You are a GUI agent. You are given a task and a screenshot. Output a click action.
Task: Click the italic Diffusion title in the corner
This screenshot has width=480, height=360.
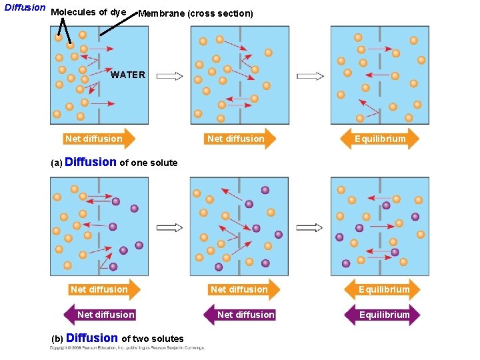click(x=25, y=8)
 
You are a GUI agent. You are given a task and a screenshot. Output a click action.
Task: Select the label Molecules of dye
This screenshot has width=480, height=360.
click(x=88, y=13)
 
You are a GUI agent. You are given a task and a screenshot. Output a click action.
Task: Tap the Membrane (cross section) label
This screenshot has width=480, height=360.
click(x=195, y=13)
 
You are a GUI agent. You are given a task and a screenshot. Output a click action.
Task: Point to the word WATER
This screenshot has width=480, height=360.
click(x=128, y=75)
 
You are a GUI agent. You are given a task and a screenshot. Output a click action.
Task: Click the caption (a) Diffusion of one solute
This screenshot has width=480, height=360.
click(x=114, y=163)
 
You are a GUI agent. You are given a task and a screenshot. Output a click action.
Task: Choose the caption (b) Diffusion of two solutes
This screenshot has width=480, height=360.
click(x=117, y=339)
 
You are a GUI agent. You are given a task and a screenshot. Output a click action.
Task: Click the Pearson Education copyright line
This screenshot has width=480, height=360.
click(x=127, y=348)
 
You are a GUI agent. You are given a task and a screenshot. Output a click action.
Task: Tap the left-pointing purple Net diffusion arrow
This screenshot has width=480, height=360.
click(x=101, y=315)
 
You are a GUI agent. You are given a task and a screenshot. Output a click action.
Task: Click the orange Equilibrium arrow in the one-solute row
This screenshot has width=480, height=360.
click(x=379, y=139)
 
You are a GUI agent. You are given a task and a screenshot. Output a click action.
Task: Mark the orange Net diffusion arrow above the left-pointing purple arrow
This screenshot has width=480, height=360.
click(x=101, y=289)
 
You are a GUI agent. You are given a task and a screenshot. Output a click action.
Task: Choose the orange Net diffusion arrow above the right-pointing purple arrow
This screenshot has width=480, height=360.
click(x=241, y=289)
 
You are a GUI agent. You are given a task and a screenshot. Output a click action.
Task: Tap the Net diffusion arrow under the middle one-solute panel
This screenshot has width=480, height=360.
click(x=238, y=139)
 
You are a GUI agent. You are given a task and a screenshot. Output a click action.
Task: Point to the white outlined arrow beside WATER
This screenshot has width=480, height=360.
click(x=169, y=76)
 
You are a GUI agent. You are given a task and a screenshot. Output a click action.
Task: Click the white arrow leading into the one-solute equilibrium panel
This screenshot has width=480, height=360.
click(x=310, y=76)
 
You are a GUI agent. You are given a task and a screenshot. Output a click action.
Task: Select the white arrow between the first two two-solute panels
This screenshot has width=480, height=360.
click(x=169, y=228)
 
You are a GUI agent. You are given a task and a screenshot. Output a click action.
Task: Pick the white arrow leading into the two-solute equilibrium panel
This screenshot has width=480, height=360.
click(x=310, y=228)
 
